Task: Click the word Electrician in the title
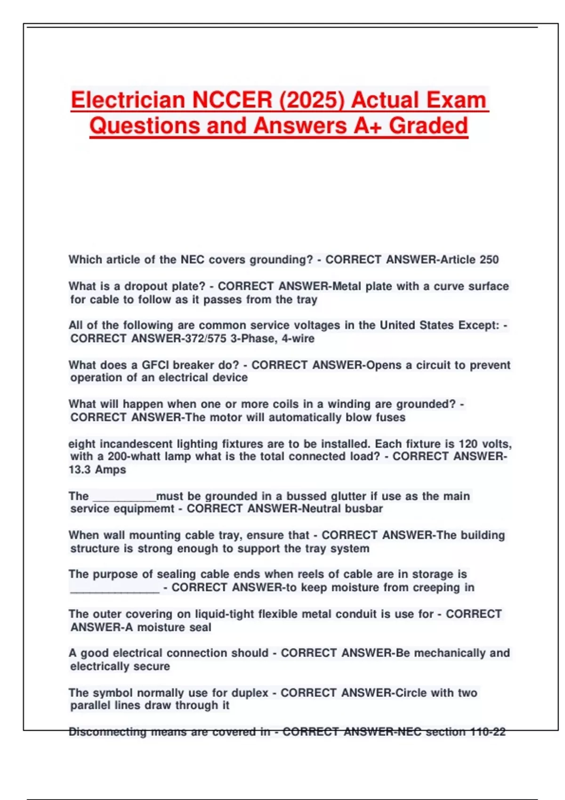tap(128, 100)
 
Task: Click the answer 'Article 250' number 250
tap(489, 260)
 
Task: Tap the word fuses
tap(390, 417)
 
